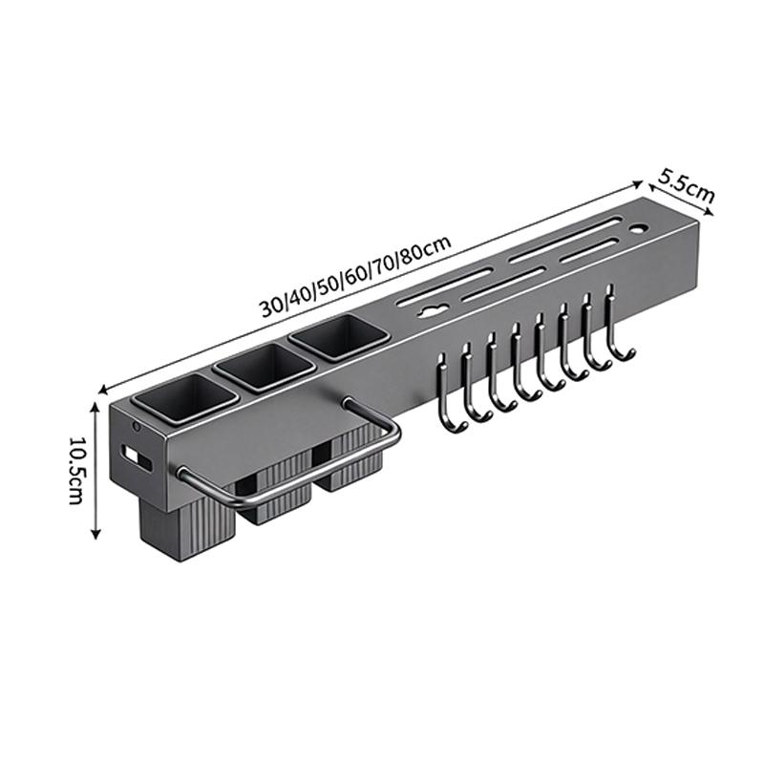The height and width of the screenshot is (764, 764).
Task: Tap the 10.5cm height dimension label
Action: [76, 470]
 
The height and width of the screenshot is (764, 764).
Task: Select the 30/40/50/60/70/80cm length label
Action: [355, 276]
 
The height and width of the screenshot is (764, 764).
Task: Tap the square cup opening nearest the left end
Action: [185, 398]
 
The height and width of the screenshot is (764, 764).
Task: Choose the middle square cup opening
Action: [265, 367]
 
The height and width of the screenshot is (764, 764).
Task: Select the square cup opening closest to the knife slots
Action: [339, 338]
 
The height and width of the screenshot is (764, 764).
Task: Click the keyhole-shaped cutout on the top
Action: [432, 310]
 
